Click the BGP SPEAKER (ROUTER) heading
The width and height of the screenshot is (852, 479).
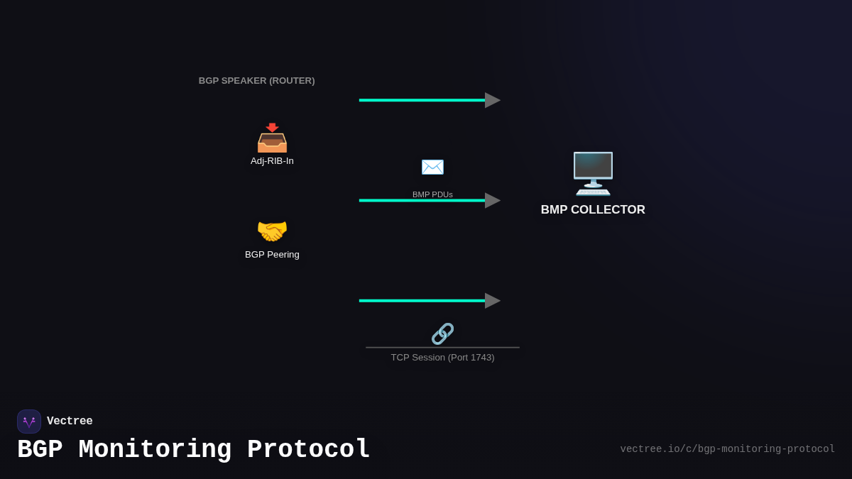click(x=256, y=81)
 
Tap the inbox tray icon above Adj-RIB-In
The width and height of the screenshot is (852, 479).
click(x=272, y=138)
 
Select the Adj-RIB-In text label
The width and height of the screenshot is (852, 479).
click(x=272, y=161)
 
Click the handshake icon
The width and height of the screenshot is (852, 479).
click(x=272, y=231)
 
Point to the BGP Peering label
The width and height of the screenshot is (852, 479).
click(x=272, y=255)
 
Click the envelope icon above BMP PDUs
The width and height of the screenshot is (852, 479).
click(x=432, y=167)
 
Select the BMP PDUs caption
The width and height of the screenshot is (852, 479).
click(x=432, y=194)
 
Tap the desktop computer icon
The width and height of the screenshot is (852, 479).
click(x=593, y=173)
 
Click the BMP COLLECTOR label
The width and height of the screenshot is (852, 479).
click(x=593, y=210)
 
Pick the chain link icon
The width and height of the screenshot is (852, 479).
click(x=442, y=334)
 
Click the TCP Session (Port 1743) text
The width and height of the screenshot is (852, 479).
click(x=442, y=358)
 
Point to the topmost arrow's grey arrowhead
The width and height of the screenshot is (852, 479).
click(x=492, y=100)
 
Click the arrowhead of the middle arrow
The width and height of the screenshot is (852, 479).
click(x=492, y=201)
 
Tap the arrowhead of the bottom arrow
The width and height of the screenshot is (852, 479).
click(x=492, y=301)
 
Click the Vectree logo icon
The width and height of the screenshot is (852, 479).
click(x=29, y=422)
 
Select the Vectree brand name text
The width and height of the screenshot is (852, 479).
click(x=70, y=422)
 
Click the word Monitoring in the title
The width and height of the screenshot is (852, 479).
click(x=155, y=450)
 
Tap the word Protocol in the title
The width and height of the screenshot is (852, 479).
click(x=308, y=450)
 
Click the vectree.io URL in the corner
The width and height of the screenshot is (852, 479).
click(x=727, y=449)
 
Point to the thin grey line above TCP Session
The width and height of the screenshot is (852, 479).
click(x=442, y=348)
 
